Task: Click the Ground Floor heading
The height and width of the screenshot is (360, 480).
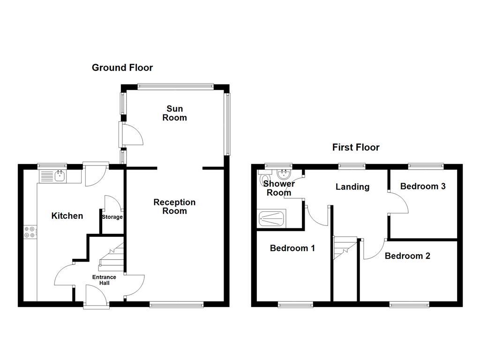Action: [x=122, y=67]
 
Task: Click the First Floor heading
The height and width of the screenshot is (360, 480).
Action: [x=356, y=147]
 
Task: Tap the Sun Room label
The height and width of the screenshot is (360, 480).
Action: [x=174, y=113]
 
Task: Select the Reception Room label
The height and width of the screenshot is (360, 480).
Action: [x=174, y=207]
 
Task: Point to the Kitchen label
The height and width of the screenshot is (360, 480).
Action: [x=67, y=216]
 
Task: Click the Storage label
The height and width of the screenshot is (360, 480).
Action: [x=112, y=217]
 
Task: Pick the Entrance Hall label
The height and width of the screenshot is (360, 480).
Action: [x=104, y=280]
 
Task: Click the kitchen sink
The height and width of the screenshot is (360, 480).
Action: [x=60, y=176]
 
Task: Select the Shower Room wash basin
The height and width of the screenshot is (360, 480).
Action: [x=284, y=175]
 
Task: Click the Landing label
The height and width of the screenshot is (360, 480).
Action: [x=352, y=187]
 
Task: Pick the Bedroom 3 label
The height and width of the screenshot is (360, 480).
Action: [x=422, y=186]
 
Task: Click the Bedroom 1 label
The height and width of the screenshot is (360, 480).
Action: [x=292, y=248]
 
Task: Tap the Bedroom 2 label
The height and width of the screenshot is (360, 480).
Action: [x=407, y=256]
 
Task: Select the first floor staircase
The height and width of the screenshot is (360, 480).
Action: [x=345, y=248]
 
